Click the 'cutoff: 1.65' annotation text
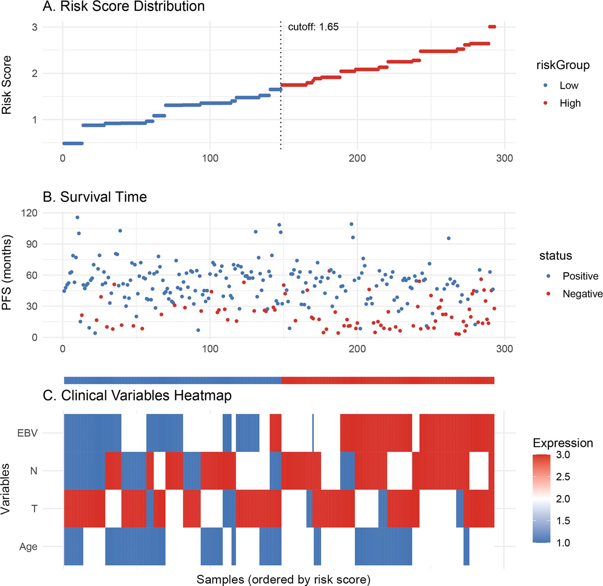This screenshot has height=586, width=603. point(313,27)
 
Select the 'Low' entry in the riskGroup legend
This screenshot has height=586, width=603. point(569,85)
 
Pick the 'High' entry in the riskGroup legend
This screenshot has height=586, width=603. point(570,103)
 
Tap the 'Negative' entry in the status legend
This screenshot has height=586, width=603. point(582,294)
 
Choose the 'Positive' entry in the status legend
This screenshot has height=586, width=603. point(580,276)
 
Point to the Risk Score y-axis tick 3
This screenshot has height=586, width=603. point(35,27)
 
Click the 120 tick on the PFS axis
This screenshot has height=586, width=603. point(29,213)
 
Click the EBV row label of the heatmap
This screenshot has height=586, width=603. point(27,433)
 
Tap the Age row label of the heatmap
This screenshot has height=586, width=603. point(28,547)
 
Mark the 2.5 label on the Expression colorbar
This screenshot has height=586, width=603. point(563,477)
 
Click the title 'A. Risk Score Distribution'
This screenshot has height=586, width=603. point(124,7)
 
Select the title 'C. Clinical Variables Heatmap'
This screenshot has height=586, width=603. point(137,395)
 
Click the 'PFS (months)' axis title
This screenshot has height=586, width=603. point(7,272)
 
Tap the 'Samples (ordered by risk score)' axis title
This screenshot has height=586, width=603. point(283,580)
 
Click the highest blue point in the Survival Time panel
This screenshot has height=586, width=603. point(77,217)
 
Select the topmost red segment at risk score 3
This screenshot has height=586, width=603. point(492,27)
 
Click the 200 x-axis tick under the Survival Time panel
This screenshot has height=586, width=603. point(357,349)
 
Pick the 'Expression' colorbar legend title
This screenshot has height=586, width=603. point(563,443)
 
